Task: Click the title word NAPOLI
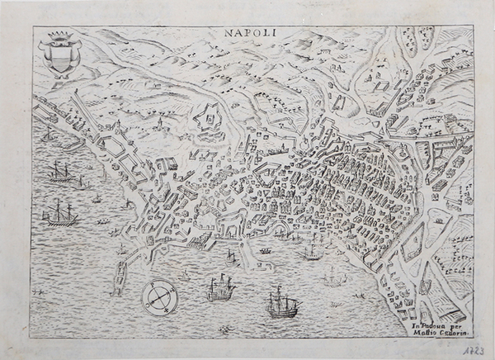tap(251, 34)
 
